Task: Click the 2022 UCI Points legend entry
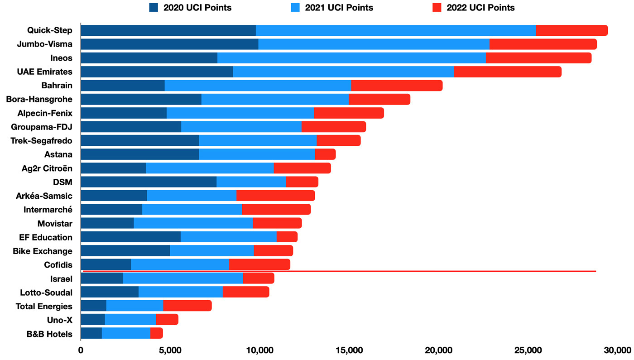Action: (x=480, y=7)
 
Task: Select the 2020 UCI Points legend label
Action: (x=197, y=7)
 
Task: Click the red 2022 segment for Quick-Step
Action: (x=572, y=30)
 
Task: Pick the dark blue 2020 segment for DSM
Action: (x=149, y=182)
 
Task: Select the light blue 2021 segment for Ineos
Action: (x=351, y=58)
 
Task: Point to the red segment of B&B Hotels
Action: (x=156, y=334)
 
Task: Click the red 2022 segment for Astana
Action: (x=325, y=154)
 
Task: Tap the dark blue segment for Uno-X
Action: (x=93, y=320)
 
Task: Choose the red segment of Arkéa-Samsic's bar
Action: (x=275, y=196)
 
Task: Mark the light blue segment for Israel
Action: (x=183, y=278)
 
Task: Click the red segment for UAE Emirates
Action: (x=508, y=72)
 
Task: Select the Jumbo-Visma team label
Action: (x=44, y=44)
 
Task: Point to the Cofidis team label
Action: (x=58, y=265)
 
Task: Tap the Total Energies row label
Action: (x=44, y=307)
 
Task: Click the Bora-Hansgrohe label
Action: (x=39, y=99)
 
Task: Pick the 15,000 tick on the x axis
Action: (x=350, y=350)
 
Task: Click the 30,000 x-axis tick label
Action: (x=618, y=350)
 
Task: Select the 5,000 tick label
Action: (x=170, y=350)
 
